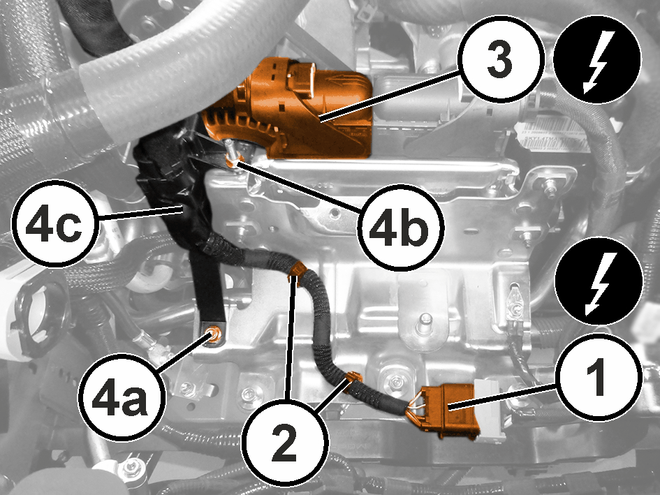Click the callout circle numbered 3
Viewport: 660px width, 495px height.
[x=500, y=58]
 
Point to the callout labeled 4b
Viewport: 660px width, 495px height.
[x=401, y=228]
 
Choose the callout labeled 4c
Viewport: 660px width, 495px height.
[x=56, y=223]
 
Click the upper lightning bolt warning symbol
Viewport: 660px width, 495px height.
[x=597, y=59]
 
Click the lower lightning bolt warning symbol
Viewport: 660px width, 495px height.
[x=599, y=281]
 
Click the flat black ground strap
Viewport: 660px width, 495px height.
[x=207, y=278]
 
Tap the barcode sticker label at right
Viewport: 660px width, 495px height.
[x=552, y=133]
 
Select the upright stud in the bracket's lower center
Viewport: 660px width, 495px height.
[x=425, y=323]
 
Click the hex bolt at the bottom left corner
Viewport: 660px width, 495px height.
[x=131, y=466]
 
